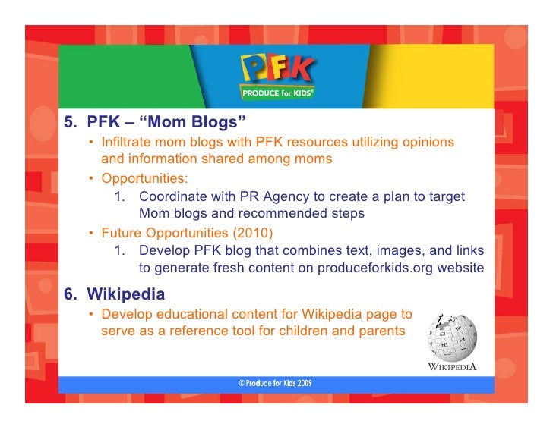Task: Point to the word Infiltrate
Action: (130, 142)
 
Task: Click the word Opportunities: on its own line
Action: (145, 178)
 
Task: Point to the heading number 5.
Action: (69, 122)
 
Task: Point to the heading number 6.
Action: (69, 294)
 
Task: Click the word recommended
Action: (270, 214)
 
